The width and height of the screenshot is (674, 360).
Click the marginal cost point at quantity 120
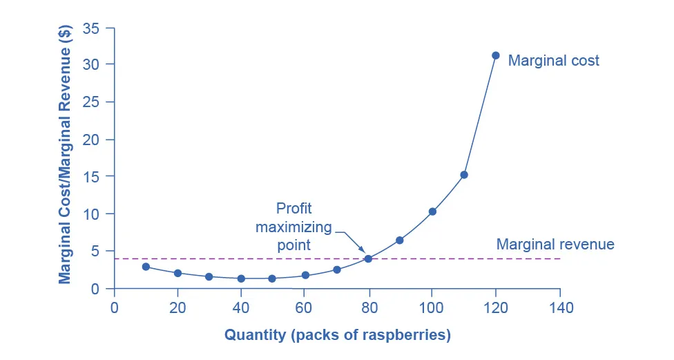495,55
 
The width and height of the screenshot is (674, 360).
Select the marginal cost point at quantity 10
146,267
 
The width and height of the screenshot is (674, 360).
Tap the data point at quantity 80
368,258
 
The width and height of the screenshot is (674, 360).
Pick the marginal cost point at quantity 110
464,175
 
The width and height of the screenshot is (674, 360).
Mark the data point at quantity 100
432,211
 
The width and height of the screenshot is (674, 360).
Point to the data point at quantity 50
272,278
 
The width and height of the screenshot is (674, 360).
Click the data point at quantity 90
399,240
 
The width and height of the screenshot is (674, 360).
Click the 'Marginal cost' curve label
553,61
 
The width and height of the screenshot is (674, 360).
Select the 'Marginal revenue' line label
555,245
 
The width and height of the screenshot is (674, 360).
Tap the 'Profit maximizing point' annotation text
293,227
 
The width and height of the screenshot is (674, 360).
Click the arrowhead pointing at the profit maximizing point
363,251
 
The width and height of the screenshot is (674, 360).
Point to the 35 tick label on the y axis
90,28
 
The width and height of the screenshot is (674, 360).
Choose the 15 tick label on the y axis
90,177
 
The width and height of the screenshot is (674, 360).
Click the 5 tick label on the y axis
95,252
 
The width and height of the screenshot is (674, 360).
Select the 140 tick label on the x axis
559,306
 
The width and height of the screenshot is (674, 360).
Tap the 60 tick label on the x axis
305,306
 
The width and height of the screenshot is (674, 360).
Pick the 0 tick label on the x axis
114,306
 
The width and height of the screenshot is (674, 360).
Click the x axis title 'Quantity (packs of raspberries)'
337,336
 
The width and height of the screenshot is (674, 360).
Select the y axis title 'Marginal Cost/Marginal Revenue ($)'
65,158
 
